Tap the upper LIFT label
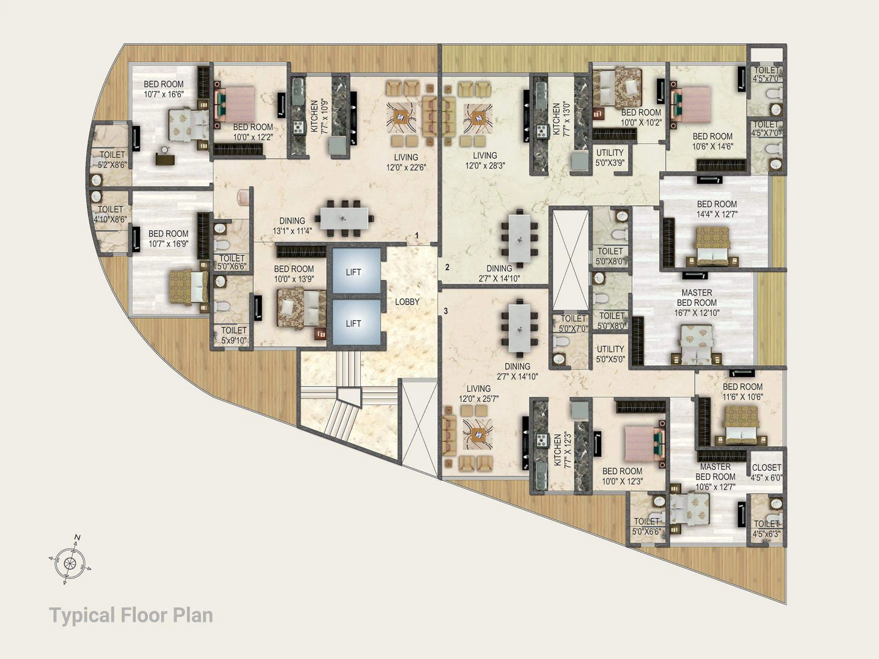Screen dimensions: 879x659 tap(353, 272)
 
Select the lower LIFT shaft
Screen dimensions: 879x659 tap(356, 322)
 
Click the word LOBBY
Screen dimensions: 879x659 tap(407, 302)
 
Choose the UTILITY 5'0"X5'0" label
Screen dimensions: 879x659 tap(610, 354)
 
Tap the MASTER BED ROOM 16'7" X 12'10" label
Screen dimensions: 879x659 tap(697, 303)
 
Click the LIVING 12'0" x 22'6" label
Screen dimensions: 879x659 tap(406, 162)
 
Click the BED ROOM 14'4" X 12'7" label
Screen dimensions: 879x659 tap(717, 209)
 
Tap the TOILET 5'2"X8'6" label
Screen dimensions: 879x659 tap(113, 160)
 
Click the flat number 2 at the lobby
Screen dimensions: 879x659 tap(447, 267)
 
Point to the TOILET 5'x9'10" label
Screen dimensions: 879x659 tap(234, 335)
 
